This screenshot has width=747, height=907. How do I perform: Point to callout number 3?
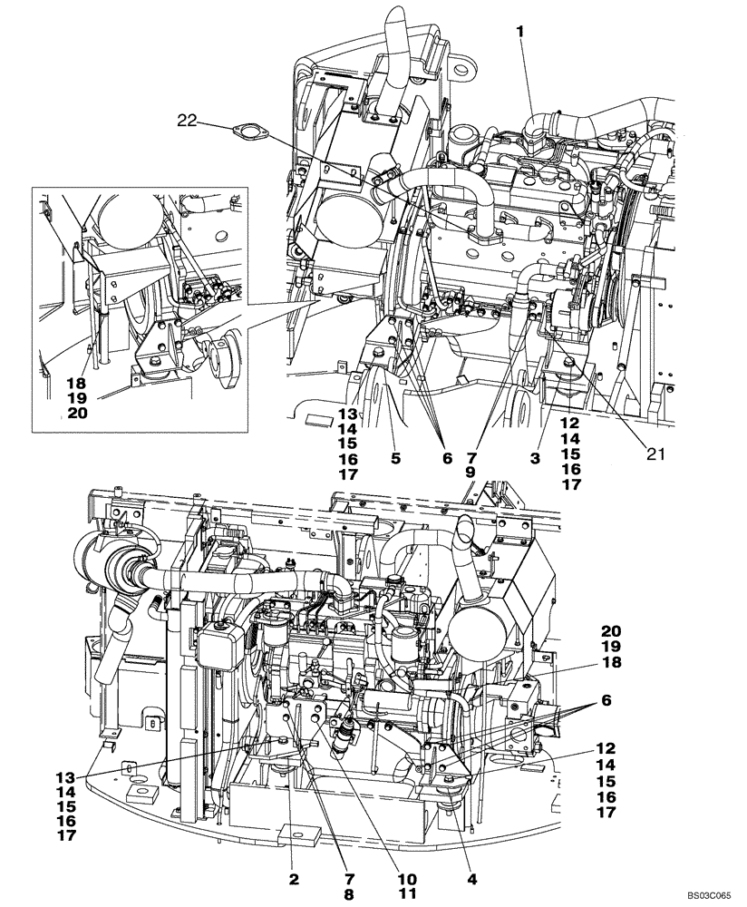click(x=536, y=459)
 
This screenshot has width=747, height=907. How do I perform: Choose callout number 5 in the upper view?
click(x=395, y=459)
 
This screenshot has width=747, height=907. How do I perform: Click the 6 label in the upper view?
click(x=446, y=459)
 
